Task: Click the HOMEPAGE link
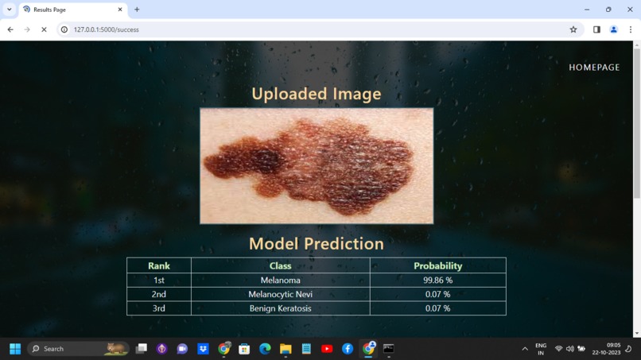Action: (x=594, y=68)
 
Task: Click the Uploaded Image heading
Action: (x=317, y=94)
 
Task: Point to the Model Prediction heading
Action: (x=317, y=244)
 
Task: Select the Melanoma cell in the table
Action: (x=280, y=281)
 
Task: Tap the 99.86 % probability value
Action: (x=437, y=281)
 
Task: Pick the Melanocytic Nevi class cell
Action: (x=280, y=294)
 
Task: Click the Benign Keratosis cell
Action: (x=280, y=308)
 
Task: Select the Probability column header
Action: (x=437, y=265)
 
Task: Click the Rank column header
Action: (x=159, y=265)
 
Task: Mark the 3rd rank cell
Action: (x=159, y=308)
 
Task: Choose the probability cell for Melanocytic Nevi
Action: (x=437, y=294)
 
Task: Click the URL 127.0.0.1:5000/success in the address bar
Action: (x=107, y=29)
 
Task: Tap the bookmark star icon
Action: (x=573, y=29)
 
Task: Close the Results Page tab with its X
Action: (x=120, y=10)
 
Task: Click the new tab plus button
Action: (x=137, y=10)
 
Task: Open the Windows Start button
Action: (x=14, y=349)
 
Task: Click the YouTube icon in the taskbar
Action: (x=327, y=349)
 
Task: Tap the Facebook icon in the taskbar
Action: (x=348, y=349)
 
